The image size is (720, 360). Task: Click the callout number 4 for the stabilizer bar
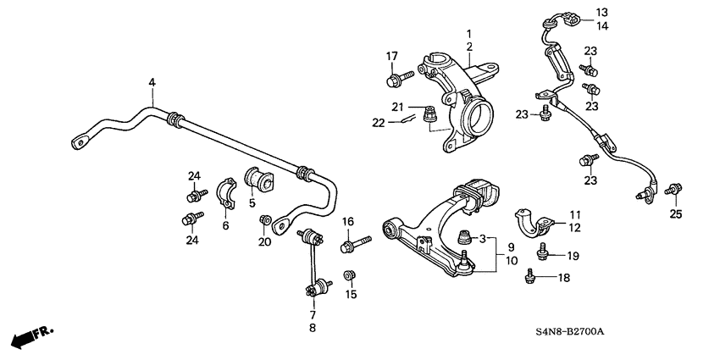click(x=152, y=82)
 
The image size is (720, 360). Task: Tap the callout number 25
click(x=674, y=214)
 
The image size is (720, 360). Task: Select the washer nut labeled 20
click(x=266, y=222)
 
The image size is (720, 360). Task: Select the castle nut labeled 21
click(x=429, y=111)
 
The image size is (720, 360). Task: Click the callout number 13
click(x=601, y=12)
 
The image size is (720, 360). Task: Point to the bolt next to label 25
click(x=674, y=189)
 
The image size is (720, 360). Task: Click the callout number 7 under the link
click(x=313, y=315)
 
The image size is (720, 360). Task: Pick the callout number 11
click(x=575, y=215)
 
